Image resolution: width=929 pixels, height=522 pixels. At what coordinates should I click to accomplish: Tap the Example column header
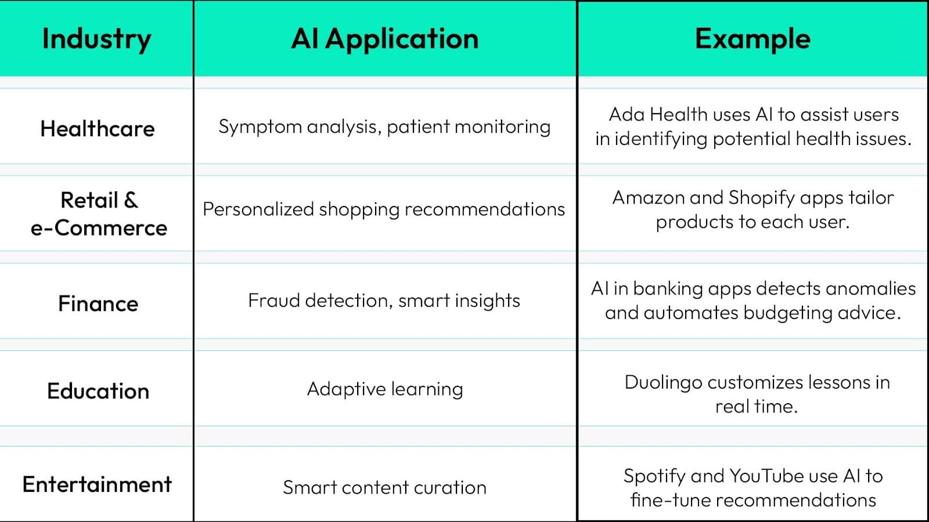pos(752,39)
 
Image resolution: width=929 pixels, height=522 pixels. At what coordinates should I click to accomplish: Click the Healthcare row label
pos(98,128)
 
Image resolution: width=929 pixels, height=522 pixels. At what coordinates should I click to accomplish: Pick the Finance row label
pos(98,303)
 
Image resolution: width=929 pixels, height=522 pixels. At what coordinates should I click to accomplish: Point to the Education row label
pos(98,391)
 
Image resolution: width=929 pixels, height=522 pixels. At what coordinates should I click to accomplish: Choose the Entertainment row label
pos(97,484)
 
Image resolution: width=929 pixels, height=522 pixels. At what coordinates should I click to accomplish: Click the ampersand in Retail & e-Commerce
pos(131,200)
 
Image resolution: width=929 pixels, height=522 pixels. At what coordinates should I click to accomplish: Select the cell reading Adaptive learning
pos(385,389)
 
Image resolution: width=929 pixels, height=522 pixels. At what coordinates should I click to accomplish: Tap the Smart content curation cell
pos(385,487)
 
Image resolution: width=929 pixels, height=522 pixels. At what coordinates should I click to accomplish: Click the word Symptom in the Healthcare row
pos(260,127)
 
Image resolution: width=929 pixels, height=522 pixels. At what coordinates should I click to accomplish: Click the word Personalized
pos(258,209)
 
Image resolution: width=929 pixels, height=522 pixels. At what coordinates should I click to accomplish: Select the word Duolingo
pos(664,383)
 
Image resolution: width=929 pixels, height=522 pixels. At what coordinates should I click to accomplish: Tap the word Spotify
pos(655,476)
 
